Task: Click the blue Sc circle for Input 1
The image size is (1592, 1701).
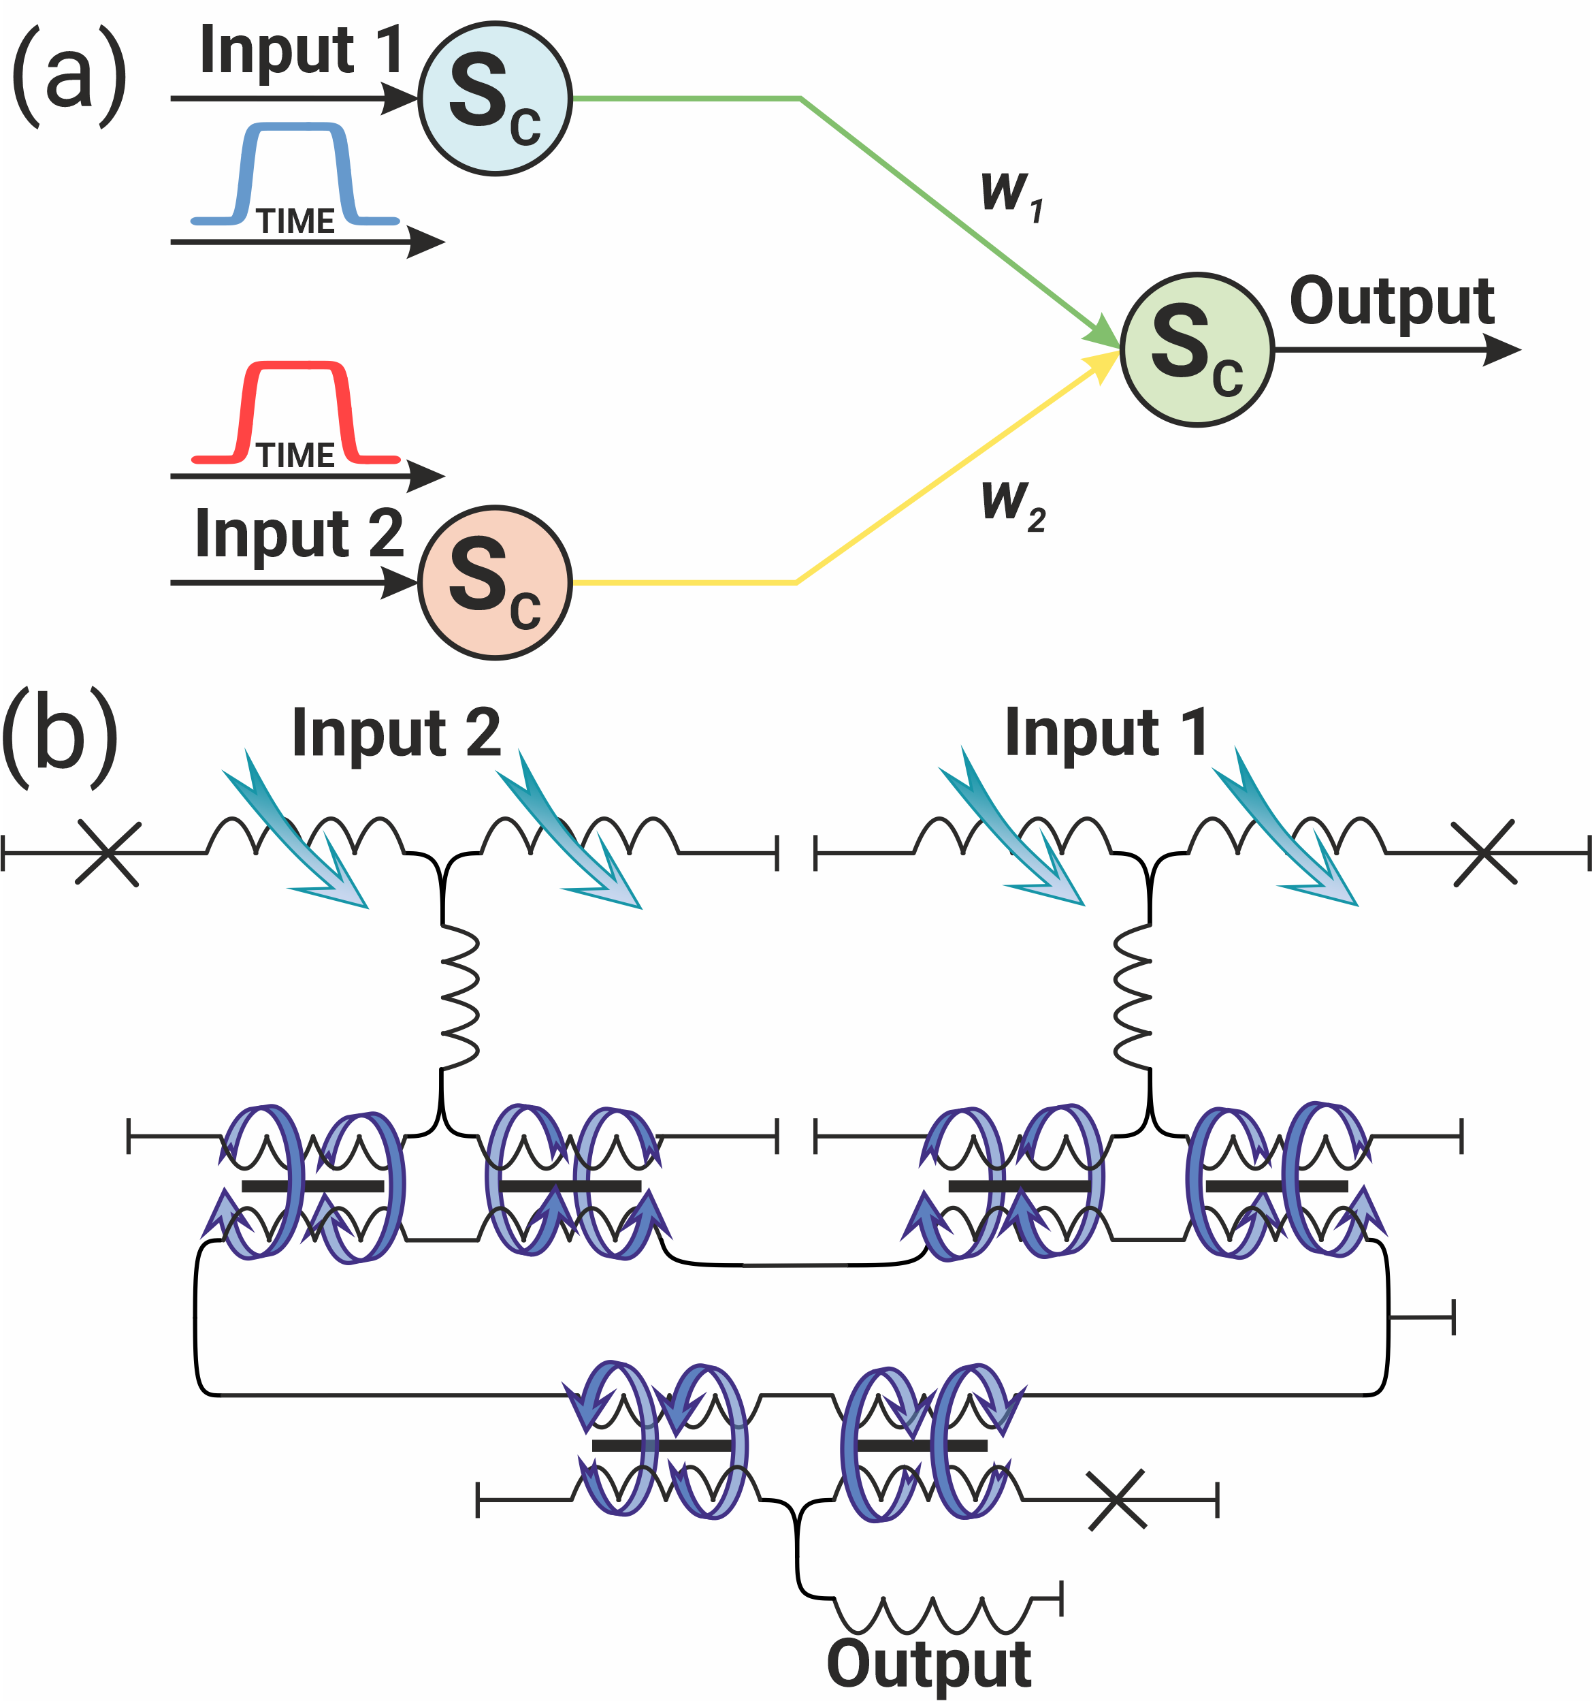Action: coord(494,99)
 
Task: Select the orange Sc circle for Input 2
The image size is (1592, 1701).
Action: coord(494,583)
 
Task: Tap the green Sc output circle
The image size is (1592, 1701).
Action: coord(1197,349)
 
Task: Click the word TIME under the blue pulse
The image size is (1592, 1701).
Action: coord(295,221)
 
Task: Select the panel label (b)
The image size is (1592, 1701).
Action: coord(60,737)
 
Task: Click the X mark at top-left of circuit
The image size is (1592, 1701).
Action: coord(108,853)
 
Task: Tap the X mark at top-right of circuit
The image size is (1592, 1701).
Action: coord(1485,853)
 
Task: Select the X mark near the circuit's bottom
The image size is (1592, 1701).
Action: coord(1116,1500)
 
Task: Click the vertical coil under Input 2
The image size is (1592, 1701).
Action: coord(459,998)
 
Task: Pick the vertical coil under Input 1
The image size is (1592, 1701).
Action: coord(1133,998)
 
